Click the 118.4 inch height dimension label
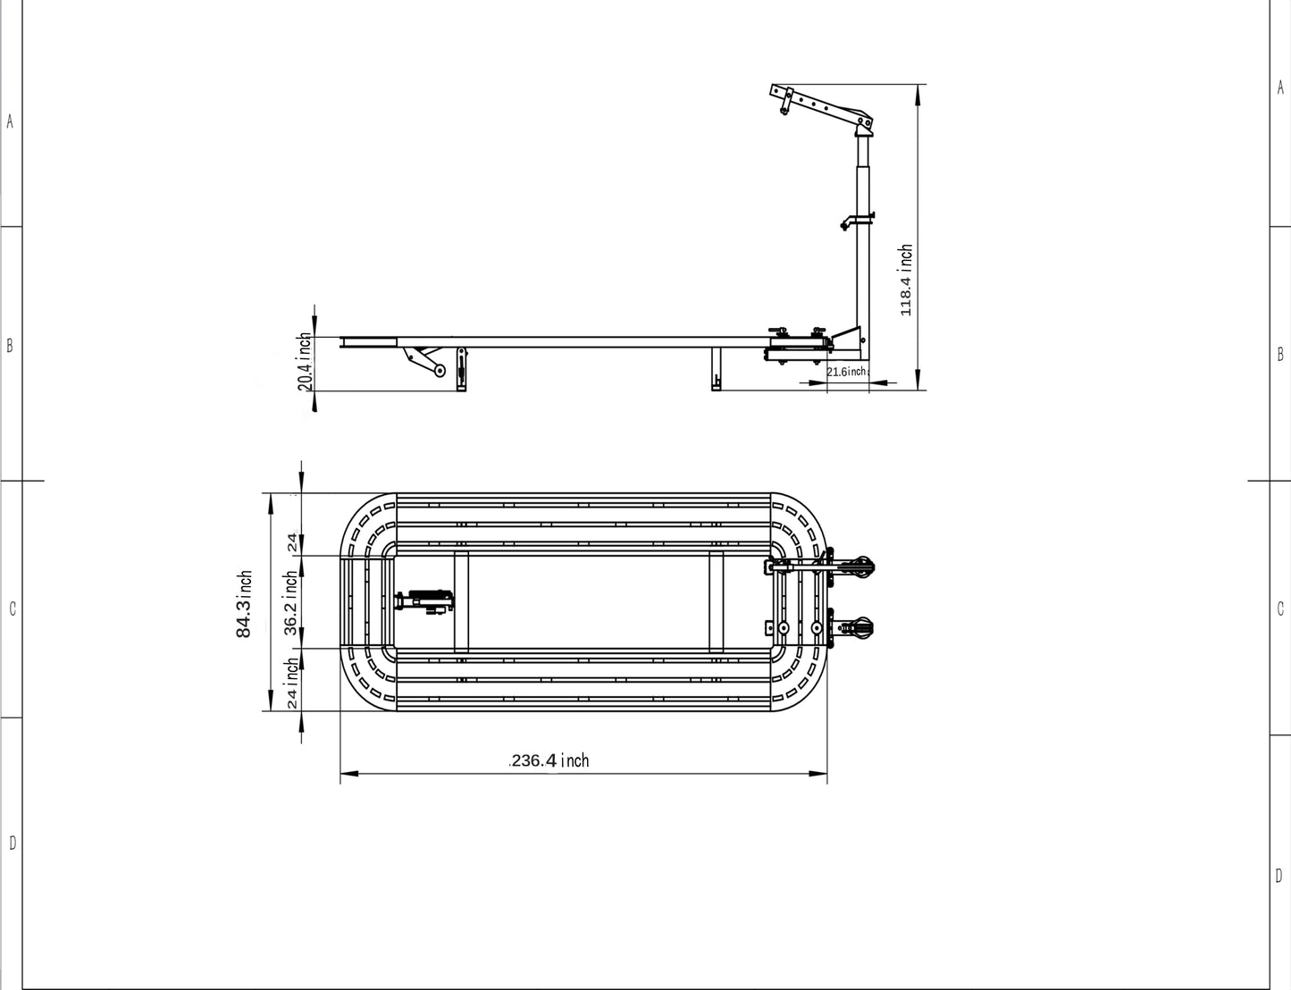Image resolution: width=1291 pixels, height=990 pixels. (x=906, y=280)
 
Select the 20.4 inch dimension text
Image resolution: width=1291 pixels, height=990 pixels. (x=305, y=362)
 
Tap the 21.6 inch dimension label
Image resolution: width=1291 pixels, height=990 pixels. (x=846, y=372)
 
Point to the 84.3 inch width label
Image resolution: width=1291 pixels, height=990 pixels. (x=244, y=605)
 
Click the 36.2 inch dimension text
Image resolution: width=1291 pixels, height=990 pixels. (x=291, y=603)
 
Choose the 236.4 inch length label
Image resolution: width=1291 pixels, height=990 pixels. (x=549, y=760)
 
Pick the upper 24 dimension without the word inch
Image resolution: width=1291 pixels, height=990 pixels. (x=291, y=541)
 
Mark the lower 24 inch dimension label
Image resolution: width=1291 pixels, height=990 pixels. (x=291, y=684)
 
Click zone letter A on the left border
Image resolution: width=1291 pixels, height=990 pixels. (x=10, y=122)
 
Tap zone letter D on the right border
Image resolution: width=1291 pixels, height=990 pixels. (x=1279, y=876)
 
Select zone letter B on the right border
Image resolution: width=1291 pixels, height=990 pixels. (x=1279, y=355)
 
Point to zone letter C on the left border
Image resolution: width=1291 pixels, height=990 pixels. (x=12, y=609)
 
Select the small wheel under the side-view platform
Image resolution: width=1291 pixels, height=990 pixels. (x=439, y=371)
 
